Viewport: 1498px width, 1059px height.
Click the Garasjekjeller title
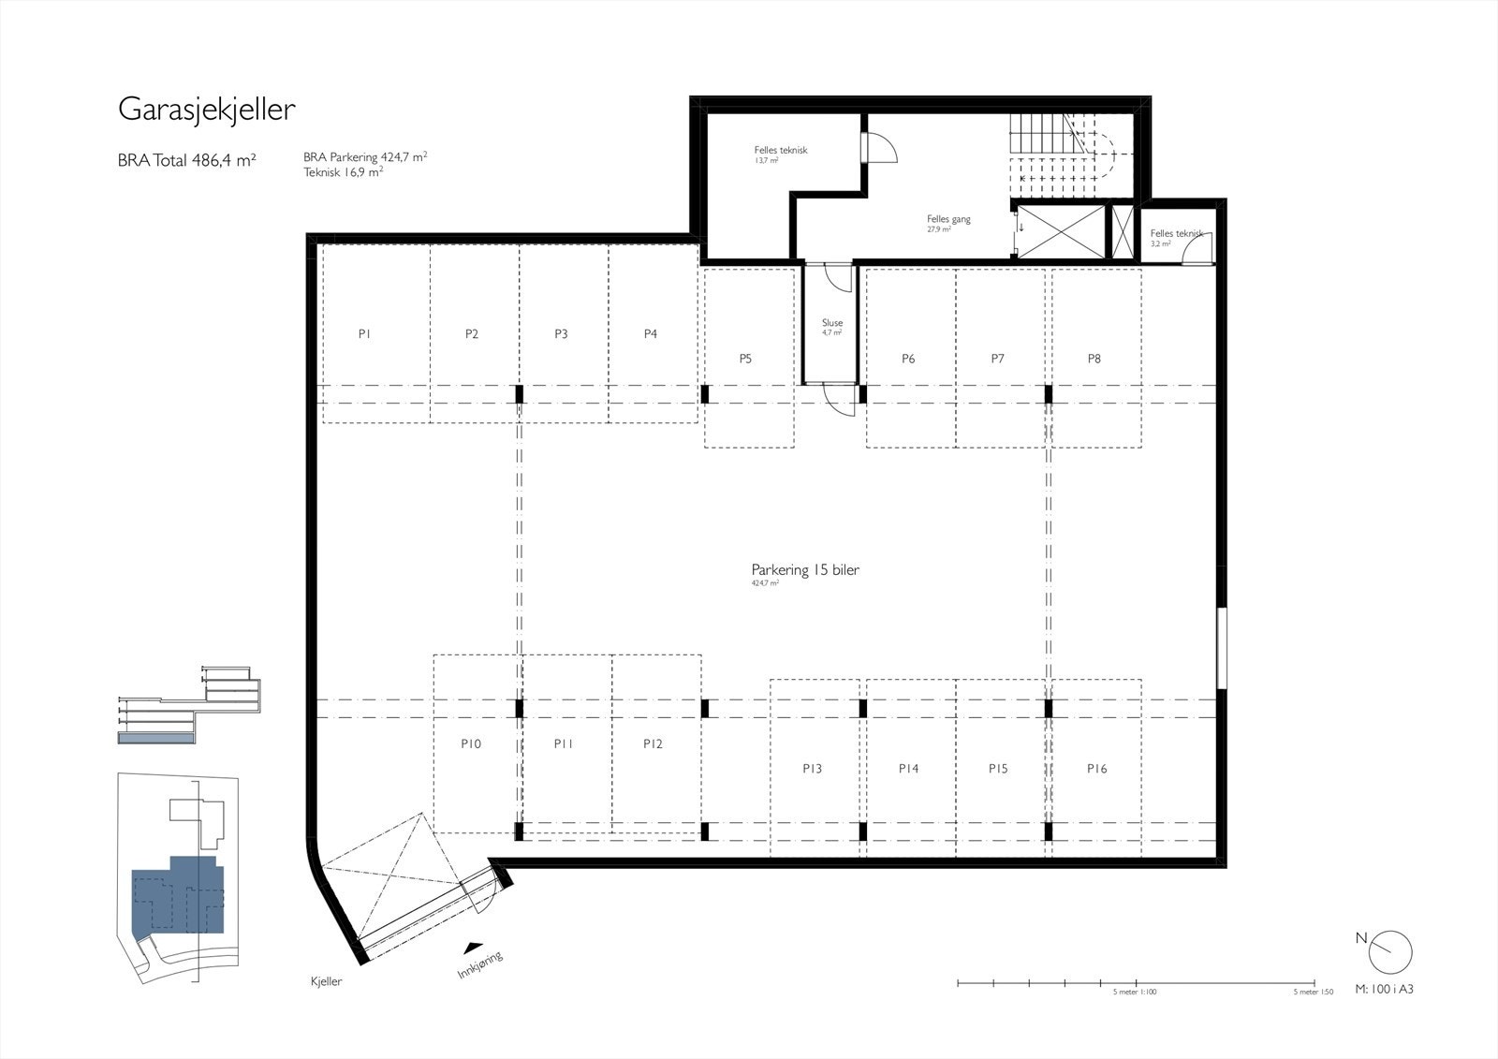[206, 110]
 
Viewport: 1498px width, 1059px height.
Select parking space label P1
[365, 334]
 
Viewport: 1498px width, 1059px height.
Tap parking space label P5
[745, 359]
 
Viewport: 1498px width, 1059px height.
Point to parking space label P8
[1094, 359]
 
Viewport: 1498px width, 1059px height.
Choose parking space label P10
[471, 744]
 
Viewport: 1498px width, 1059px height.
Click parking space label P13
[812, 769]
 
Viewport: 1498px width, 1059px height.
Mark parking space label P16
[1096, 769]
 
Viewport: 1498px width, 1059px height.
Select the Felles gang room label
[948, 220]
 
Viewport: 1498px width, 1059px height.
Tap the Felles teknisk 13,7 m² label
[780, 151]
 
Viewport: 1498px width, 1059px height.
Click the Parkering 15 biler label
[805, 570]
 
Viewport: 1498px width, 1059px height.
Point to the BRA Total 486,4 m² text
[186, 160]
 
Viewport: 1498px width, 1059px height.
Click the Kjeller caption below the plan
[326, 981]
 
